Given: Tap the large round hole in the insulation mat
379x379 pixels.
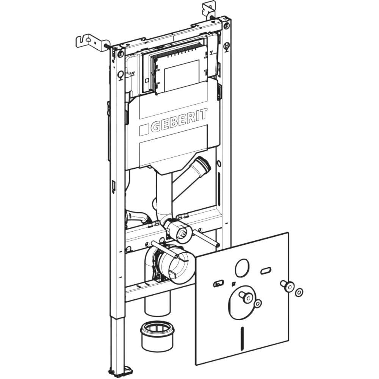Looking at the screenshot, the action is pos(241,268).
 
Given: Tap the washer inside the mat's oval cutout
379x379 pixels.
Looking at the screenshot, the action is pos(258,303).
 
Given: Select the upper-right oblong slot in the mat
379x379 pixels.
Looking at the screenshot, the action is pos(266,271).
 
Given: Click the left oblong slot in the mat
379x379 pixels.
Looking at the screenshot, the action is pos(219,283).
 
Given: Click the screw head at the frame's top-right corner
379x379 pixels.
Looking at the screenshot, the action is pos(227,26).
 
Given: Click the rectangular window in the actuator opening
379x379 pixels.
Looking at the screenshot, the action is pos(181,76).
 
